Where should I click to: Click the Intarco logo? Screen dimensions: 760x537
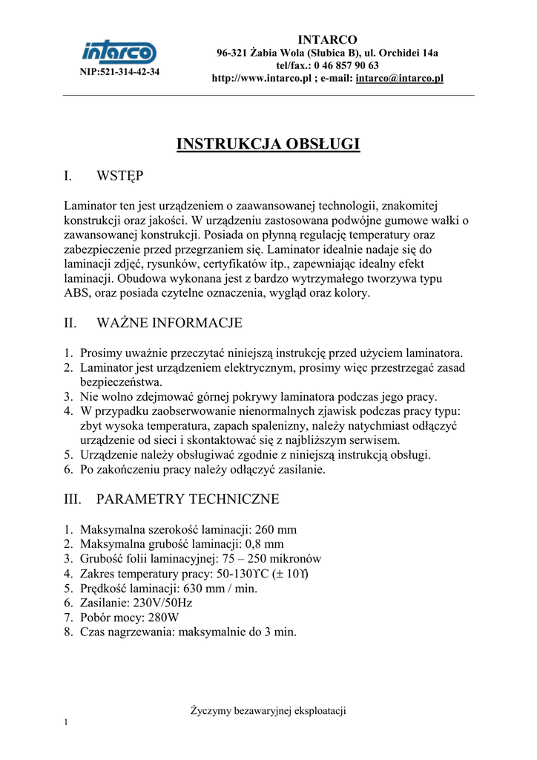point(119,52)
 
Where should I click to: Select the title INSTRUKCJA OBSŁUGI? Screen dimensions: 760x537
point(268,143)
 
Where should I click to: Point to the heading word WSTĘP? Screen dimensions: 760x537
point(119,177)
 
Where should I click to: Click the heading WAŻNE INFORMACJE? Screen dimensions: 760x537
point(169,323)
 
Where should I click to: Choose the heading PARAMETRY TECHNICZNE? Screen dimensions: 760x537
point(188,499)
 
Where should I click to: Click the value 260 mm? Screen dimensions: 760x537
point(275,529)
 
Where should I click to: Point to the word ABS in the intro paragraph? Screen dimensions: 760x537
point(76,293)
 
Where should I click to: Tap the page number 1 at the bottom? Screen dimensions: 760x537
point(66,723)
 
